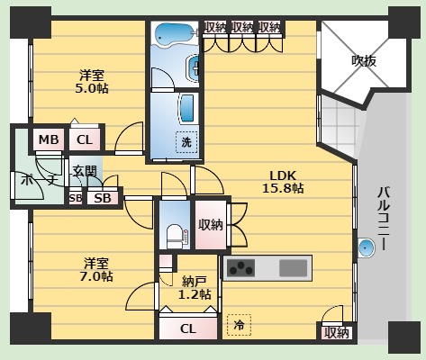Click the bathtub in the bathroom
tap(174, 34)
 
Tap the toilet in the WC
tap(175, 236)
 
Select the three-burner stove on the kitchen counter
tap(240, 268)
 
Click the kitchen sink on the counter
tap(294, 268)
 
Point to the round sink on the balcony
tap(367, 247)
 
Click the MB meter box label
tap(49, 139)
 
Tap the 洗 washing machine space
tap(186, 142)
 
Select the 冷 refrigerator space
tap(239, 325)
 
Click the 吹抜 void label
tap(364, 61)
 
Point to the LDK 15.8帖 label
tap(283, 182)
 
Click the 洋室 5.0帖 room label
tap(92, 82)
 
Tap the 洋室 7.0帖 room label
tap(96, 269)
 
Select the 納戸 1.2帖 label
tap(195, 288)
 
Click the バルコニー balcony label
tap(384, 219)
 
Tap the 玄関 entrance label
tap(85, 171)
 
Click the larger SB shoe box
tap(103, 198)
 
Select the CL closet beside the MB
tap(85, 139)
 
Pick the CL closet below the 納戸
tap(188, 328)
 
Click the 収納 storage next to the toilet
tap(211, 225)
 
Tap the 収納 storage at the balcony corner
tap(337, 333)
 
